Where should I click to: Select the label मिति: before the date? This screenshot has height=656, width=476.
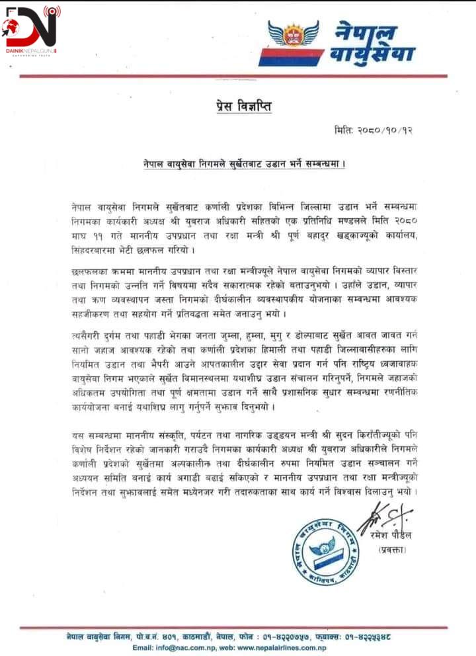[345, 130]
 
